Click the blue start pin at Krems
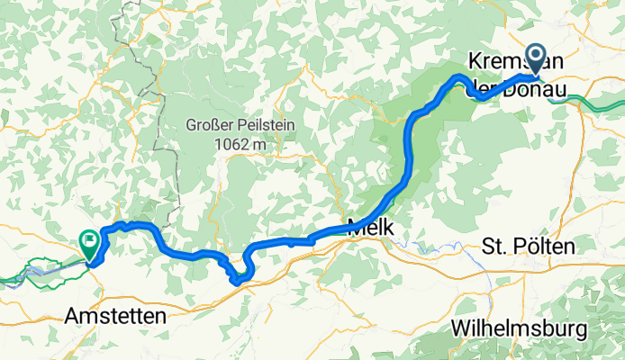[x=535, y=58]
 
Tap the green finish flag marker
[x=90, y=241]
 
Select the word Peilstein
[x=265, y=125]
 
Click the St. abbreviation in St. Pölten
[x=496, y=246]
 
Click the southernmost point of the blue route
[x=236, y=282]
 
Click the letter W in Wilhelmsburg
[x=465, y=325]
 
